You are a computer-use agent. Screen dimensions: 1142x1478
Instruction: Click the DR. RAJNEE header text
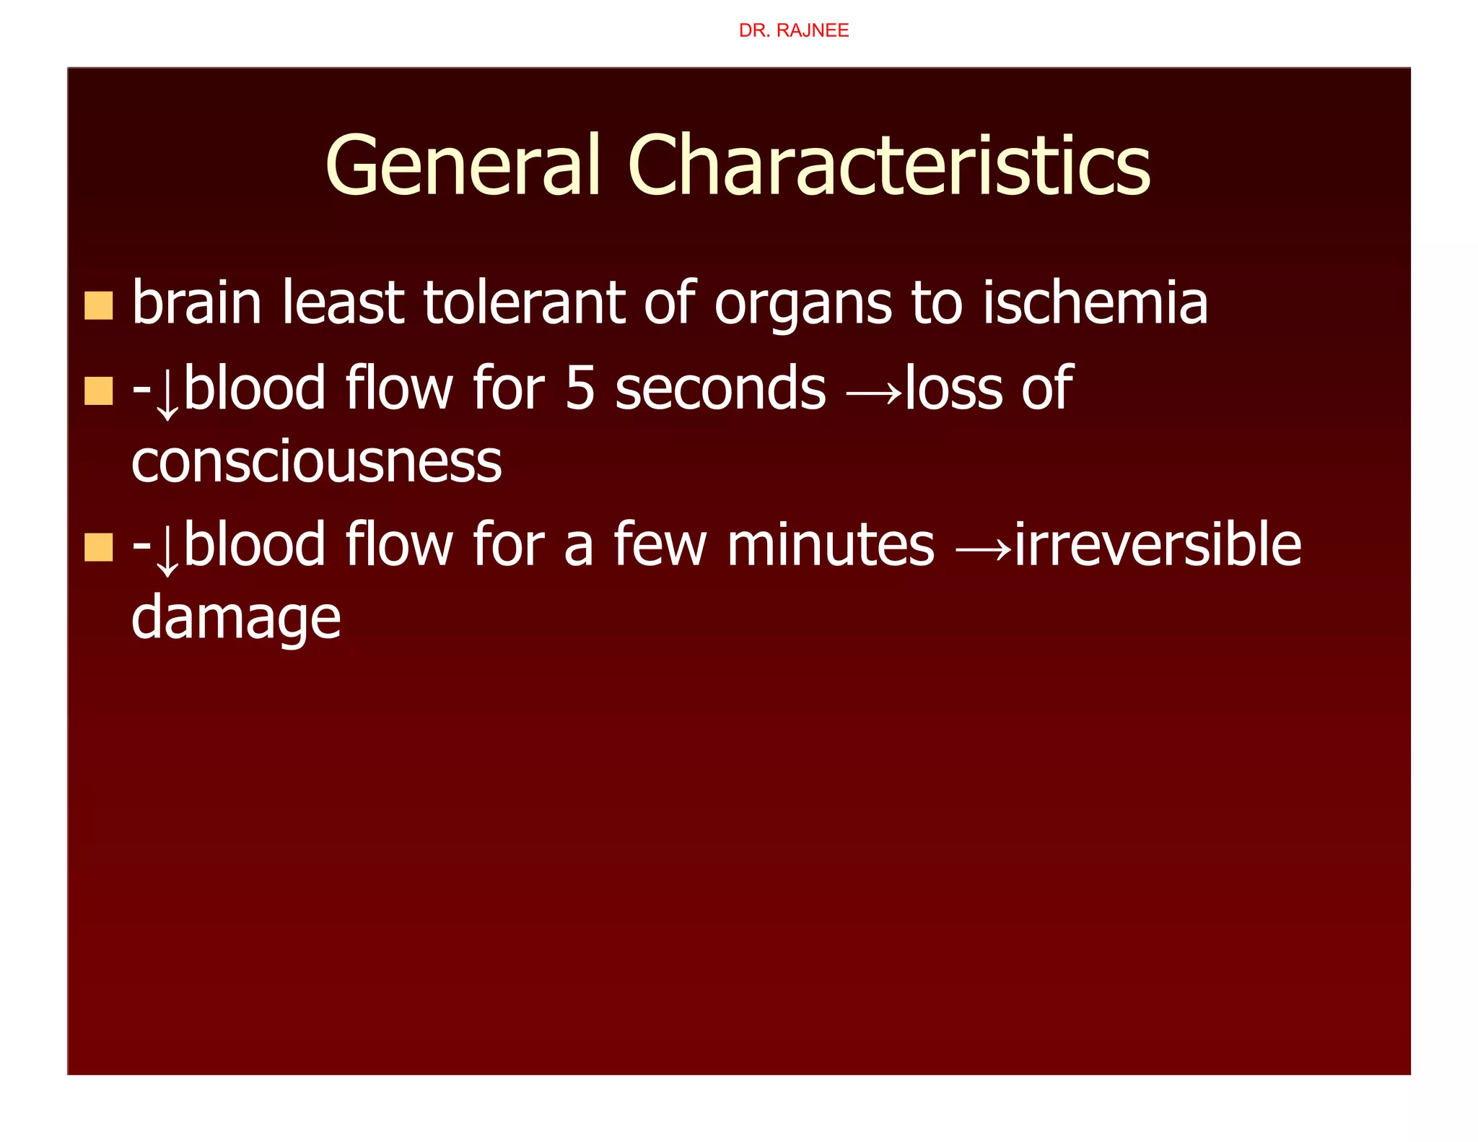pyautogui.click(x=793, y=30)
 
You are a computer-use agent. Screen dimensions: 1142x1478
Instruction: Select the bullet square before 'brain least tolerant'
pyautogui.click(x=99, y=305)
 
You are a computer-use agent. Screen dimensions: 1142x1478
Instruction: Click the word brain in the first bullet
pyautogui.click(x=197, y=303)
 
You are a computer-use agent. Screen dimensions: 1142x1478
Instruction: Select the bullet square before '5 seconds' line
pyautogui.click(x=99, y=391)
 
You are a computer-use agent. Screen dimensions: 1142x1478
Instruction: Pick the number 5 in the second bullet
pyautogui.click(x=580, y=389)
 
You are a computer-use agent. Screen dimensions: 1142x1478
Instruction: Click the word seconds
pyautogui.click(x=720, y=389)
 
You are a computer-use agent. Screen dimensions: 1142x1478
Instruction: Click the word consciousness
pyautogui.click(x=316, y=463)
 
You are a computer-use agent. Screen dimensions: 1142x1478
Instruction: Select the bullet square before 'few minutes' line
pyautogui.click(x=99, y=546)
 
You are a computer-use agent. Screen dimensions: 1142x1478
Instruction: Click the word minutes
pyautogui.click(x=831, y=545)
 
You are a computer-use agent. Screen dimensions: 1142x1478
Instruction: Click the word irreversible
pyautogui.click(x=1158, y=545)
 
